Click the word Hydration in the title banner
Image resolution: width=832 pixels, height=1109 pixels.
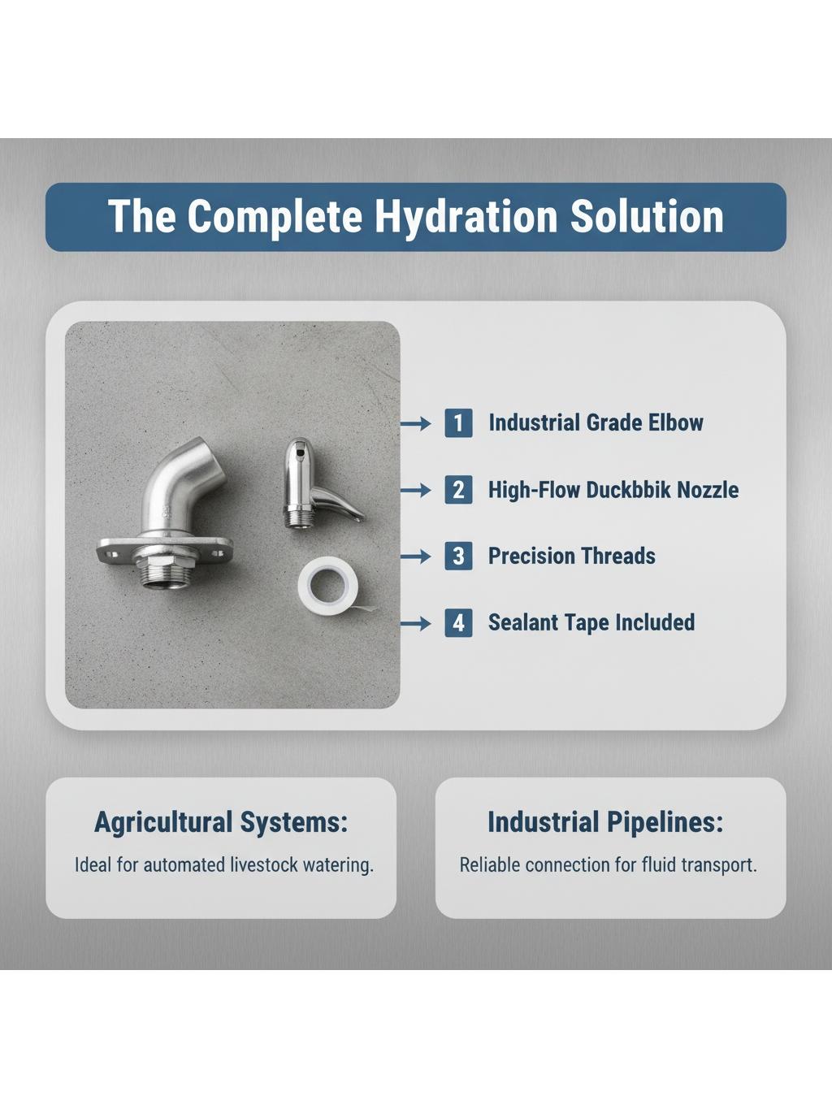pos(466,217)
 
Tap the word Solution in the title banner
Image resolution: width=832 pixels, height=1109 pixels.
pos(647,216)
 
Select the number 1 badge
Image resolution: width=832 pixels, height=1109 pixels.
pos(459,423)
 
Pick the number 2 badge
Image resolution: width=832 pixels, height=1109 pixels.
pos(459,490)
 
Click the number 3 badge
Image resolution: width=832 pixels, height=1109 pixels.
pos(459,556)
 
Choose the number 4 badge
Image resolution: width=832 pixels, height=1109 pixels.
pos(459,622)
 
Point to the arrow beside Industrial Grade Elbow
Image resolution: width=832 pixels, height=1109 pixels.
pos(416,423)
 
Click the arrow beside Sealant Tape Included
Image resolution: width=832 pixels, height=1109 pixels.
pos(416,623)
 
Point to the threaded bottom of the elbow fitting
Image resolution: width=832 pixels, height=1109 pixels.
pos(162,575)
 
